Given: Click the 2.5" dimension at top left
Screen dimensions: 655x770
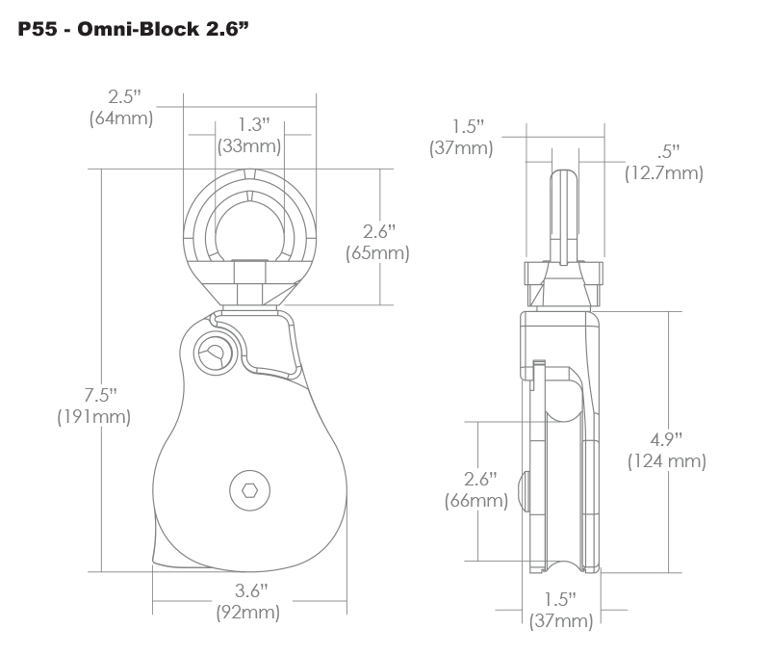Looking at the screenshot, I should click(x=124, y=97).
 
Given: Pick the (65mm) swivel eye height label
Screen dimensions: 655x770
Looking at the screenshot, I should click(x=377, y=253).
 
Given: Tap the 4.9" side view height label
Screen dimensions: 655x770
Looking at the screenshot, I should click(x=667, y=439).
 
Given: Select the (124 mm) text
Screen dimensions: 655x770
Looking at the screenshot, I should click(x=667, y=460).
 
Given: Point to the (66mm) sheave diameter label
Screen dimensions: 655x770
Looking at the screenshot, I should click(x=476, y=500).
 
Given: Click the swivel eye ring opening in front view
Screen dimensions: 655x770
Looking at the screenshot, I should click(x=248, y=223).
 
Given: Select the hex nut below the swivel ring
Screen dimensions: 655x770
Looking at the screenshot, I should click(x=248, y=283).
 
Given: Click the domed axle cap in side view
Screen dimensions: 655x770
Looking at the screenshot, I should click(x=523, y=491).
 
